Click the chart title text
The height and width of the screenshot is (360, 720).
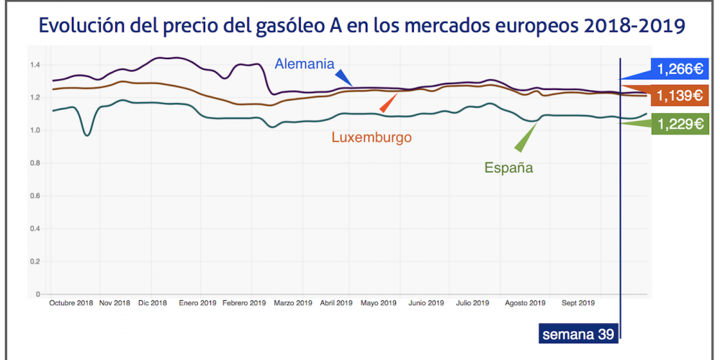click(x=361, y=26)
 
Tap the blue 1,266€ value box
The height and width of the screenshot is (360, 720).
click(x=679, y=69)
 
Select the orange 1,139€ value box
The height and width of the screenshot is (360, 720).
click(x=679, y=95)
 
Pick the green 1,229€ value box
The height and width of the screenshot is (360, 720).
click(x=679, y=124)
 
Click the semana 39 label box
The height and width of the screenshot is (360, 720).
click(x=578, y=334)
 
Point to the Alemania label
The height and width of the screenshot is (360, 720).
click(x=305, y=63)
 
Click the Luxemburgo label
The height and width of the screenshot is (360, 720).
click(x=372, y=137)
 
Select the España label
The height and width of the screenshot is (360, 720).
click(x=508, y=168)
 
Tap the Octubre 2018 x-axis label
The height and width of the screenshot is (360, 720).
click(x=71, y=303)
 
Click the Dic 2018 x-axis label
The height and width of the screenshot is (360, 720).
click(x=152, y=303)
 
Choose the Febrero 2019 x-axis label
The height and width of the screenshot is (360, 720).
click(x=244, y=303)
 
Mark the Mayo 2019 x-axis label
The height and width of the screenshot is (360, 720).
click(x=379, y=303)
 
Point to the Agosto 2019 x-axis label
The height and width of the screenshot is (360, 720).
click(x=526, y=303)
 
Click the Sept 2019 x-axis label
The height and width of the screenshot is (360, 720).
click(x=578, y=303)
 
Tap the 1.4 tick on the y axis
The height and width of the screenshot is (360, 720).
click(x=35, y=65)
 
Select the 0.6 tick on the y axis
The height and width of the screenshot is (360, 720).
click(x=35, y=196)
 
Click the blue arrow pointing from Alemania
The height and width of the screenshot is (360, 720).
click(x=344, y=78)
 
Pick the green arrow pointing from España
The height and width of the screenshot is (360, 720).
click(x=528, y=137)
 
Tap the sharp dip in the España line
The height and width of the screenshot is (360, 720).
click(x=87, y=135)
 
